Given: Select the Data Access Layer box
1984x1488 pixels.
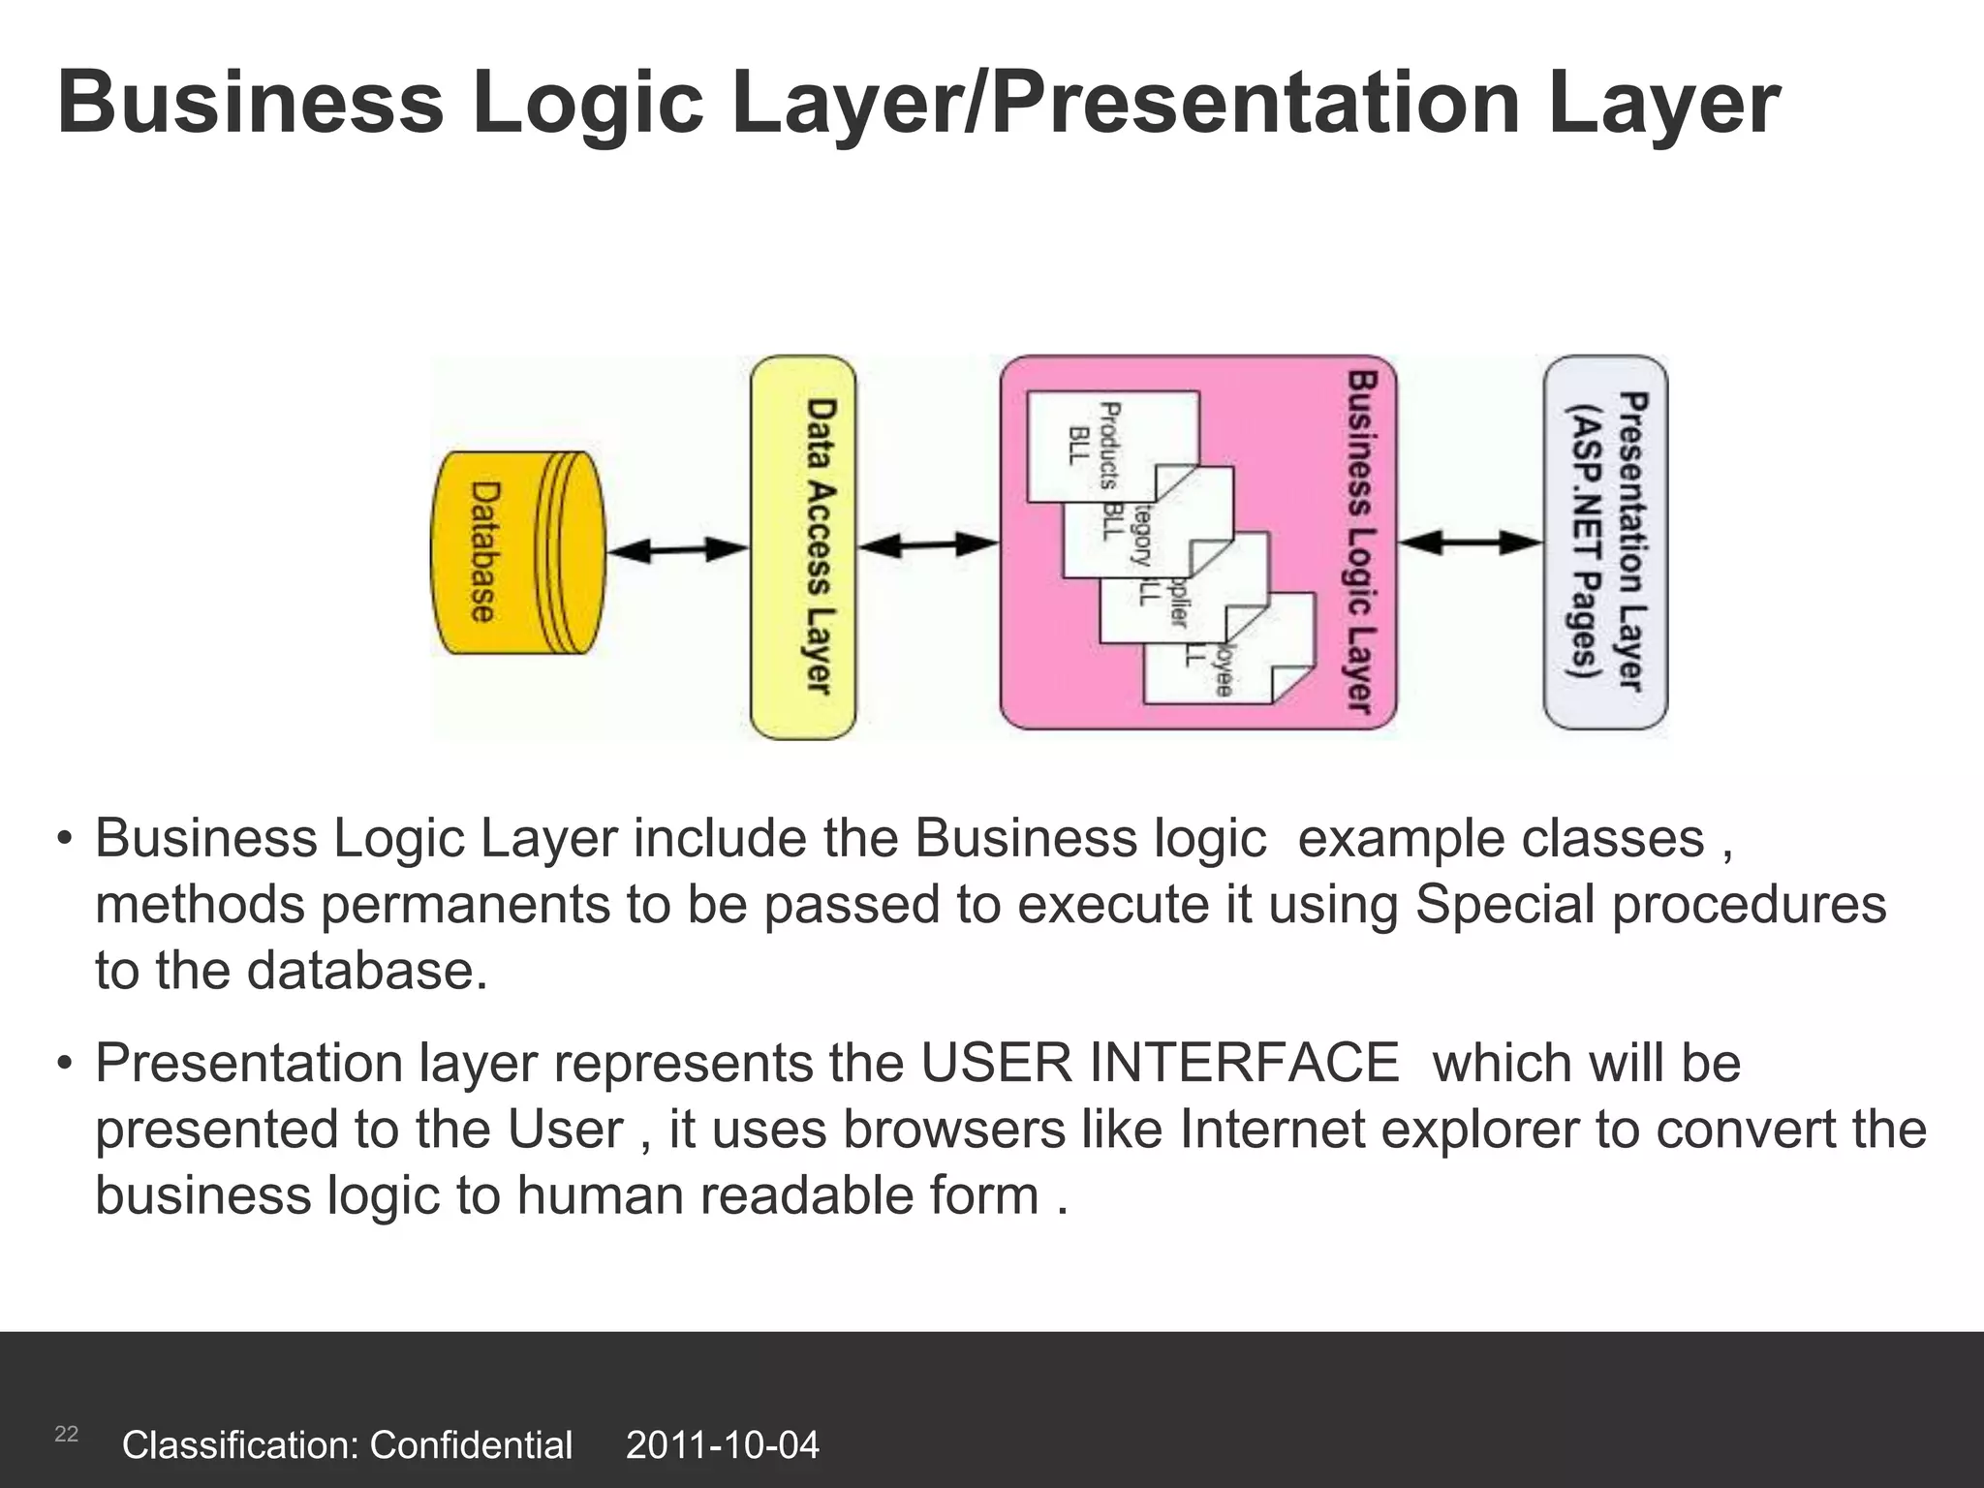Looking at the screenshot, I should (803, 548).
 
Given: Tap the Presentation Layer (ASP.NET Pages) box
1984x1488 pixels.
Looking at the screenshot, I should (1605, 542).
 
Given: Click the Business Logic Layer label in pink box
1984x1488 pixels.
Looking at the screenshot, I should (1361, 542).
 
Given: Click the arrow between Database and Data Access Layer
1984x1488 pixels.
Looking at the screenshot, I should (677, 550).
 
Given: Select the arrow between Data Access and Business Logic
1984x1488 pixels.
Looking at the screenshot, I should (928, 546).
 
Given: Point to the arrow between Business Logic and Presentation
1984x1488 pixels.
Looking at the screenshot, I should (1470, 543).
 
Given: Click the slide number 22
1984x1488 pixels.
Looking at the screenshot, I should (66, 1435).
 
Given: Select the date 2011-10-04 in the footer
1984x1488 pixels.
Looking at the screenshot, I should (723, 1445).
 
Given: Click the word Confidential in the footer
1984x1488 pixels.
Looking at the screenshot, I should (471, 1445).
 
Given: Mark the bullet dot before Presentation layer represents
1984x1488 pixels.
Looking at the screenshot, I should (65, 1064).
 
